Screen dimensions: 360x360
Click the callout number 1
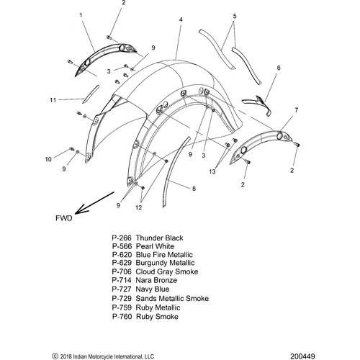(81, 15)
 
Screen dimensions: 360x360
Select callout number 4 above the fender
(181, 19)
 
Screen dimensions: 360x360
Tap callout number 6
(279, 68)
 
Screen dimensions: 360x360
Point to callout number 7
(297, 110)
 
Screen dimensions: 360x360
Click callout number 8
(194, 189)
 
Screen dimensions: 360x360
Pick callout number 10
(48, 159)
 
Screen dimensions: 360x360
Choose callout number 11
(53, 100)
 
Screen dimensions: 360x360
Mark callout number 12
(139, 207)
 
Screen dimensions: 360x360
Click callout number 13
(212, 171)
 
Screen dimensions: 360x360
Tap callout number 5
(235, 16)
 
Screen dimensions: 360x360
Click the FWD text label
(64, 218)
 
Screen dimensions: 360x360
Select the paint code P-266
(122, 238)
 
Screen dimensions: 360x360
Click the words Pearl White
(155, 246)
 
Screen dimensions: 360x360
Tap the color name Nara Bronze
(156, 280)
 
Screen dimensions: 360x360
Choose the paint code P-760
(122, 317)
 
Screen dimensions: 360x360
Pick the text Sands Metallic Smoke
(172, 298)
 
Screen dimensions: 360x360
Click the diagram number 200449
(302, 356)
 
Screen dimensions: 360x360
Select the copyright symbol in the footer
(55, 356)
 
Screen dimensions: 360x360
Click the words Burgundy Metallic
(165, 264)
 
